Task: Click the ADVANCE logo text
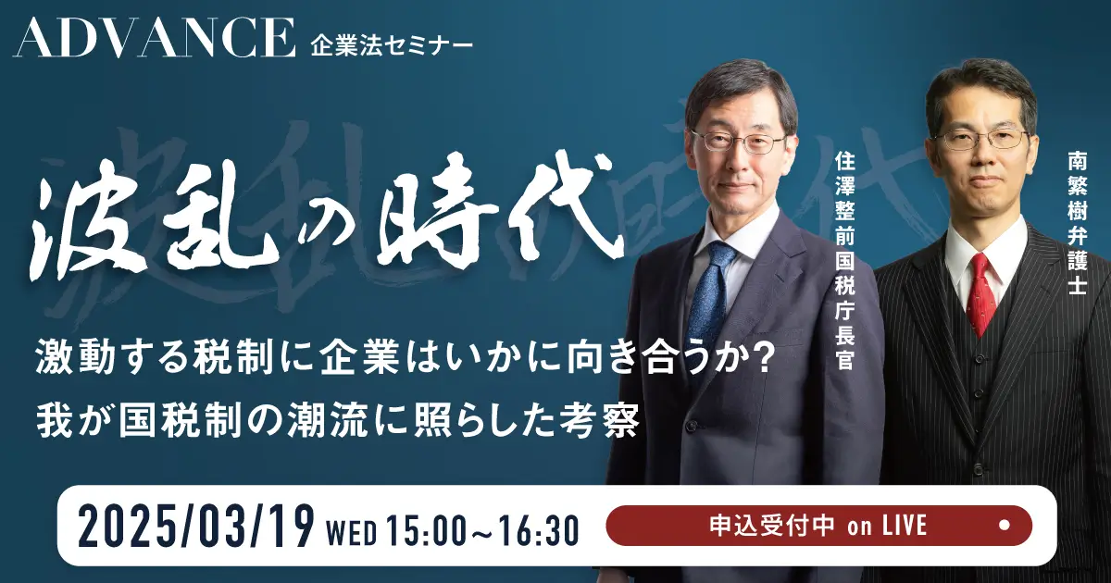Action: [x=154, y=38]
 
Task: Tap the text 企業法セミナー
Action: [x=392, y=46]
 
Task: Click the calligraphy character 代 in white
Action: [x=560, y=208]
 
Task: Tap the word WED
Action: [x=352, y=533]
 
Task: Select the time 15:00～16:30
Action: [x=483, y=530]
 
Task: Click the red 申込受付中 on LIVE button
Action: [x=818, y=526]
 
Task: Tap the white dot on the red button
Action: [x=1004, y=526]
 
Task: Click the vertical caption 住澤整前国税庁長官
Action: [x=844, y=261]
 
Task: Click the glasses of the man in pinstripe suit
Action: [x=983, y=139]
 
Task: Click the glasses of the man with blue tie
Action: [x=740, y=143]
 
